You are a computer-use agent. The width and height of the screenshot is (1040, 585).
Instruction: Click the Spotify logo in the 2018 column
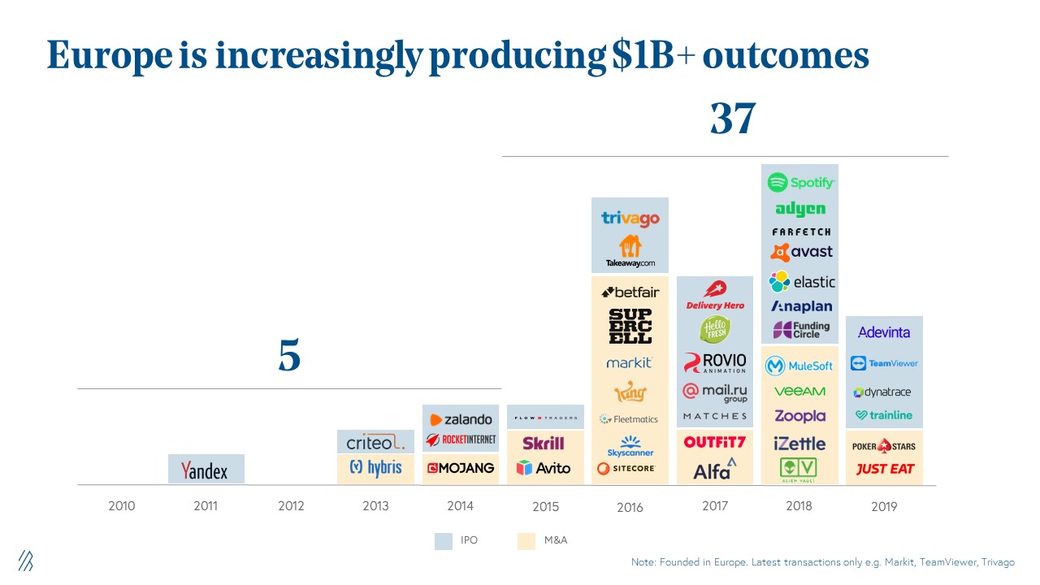(800, 182)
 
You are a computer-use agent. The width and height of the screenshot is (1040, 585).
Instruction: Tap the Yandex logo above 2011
(205, 470)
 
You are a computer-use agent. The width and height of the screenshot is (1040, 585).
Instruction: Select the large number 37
(733, 119)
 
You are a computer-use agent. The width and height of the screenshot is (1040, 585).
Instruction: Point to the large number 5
(289, 356)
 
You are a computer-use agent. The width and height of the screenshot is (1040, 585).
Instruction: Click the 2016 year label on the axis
(630, 507)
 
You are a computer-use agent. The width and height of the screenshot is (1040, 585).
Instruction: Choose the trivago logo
(630, 218)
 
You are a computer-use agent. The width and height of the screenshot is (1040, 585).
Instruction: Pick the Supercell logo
(630, 326)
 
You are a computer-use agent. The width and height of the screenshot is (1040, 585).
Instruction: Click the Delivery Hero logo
(715, 296)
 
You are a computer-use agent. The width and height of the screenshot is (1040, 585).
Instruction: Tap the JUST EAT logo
(885, 469)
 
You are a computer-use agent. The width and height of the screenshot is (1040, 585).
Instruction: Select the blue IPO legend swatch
(444, 540)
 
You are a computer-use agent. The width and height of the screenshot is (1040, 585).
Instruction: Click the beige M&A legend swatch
(526, 540)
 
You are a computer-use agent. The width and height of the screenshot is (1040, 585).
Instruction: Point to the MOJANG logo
(461, 468)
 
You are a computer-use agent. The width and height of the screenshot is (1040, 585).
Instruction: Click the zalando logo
(461, 419)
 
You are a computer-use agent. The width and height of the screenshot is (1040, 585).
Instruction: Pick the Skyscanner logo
(630, 446)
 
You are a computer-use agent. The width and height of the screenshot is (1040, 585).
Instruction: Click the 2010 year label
(122, 506)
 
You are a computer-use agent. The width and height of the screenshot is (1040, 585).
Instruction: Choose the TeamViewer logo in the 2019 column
(885, 363)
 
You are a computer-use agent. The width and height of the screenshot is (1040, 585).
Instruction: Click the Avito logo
(544, 468)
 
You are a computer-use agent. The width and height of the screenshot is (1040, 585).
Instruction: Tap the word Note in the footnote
(643, 562)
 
